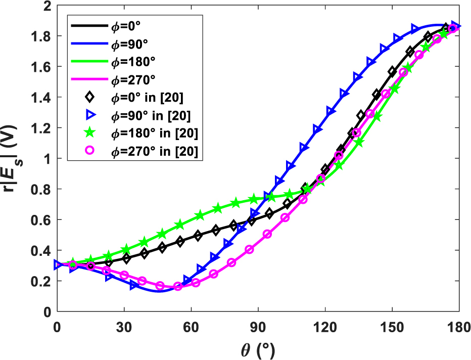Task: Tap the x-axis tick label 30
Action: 124,327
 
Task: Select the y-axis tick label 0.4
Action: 40,250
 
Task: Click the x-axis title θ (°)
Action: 258,349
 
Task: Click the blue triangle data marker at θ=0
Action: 58,265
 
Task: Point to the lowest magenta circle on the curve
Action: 177,287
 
